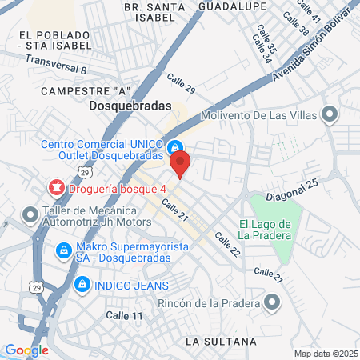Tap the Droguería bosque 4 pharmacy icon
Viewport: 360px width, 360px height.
pyautogui.click(x=57, y=189)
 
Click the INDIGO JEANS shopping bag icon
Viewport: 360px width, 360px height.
pyautogui.click(x=81, y=285)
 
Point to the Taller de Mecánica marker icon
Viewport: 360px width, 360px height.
pyautogui.click(x=30, y=214)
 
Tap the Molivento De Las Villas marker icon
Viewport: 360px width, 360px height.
pyautogui.click(x=328, y=113)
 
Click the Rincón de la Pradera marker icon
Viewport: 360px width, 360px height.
pyautogui.click(x=272, y=302)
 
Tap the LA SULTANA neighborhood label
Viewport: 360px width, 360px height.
pyautogui.click(x=220, y=341)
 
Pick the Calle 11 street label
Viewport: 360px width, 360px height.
pyautogui.click(x=124, y=316)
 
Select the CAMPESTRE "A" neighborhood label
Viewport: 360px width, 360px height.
pyautogui.click(x=79, y=90)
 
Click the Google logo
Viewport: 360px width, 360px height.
pyautogui.click(x=26, y=350)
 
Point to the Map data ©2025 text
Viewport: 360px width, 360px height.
pyautogui.click(x=324, y=354)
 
